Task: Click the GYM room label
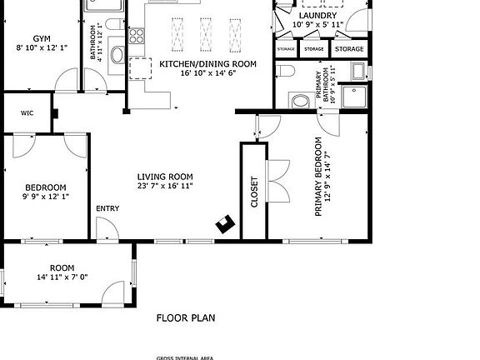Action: [41, 38]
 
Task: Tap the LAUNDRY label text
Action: [317, 15]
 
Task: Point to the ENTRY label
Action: [107, 208]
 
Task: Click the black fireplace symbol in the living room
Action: [225, 222]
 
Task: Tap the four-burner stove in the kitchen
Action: [137, 37]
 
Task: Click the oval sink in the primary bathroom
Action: [299, 101]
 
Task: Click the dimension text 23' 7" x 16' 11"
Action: [165, 186]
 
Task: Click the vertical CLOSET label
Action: [254, 191]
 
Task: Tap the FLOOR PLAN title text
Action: [186, 317]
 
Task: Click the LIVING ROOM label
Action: [165, 177]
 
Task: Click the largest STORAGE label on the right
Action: [349, 49]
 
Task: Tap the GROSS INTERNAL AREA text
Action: [186, 357]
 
